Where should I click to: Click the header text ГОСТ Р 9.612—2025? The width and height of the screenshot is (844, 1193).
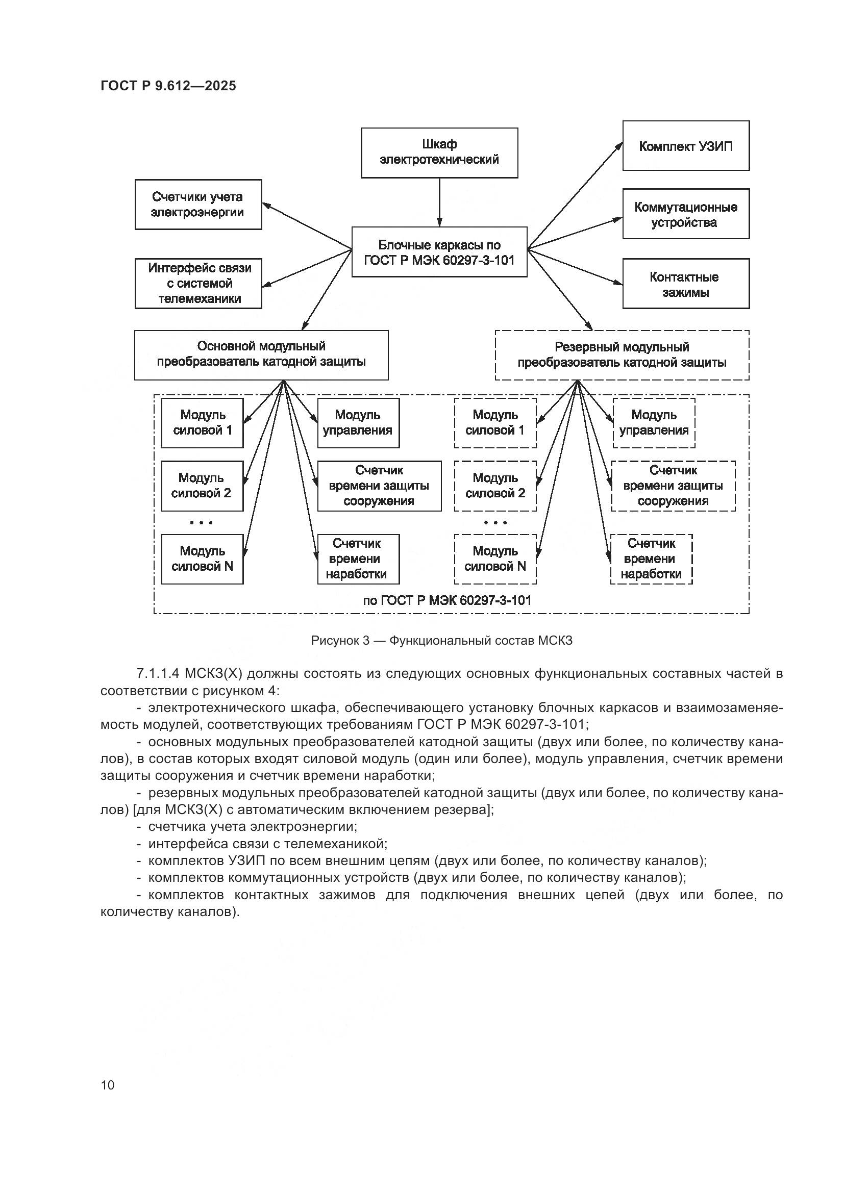[x=168, y=86]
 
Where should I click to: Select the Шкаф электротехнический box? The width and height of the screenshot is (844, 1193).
[x=439, y=152]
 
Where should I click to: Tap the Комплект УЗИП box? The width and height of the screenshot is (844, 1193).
[x=685, y=146]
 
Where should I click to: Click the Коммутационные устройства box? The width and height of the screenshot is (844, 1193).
[x=685, y=214]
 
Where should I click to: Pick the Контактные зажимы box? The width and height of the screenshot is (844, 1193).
[x=685, y=284]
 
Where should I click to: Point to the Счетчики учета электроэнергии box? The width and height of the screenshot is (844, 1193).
[x=198, y=204]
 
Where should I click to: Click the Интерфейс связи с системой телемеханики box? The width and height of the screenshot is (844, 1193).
[x=198, y=283]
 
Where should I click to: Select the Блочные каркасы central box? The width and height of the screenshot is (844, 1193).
[x=439, y=252]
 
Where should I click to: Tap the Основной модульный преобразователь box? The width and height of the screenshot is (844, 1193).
[x=261, y=354]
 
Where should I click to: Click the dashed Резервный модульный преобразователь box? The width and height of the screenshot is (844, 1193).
[x=622, y=355]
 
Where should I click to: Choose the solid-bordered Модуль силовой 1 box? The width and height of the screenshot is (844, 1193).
[x=202, y=422]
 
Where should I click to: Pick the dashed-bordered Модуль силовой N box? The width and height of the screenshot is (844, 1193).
[x=495, y=559]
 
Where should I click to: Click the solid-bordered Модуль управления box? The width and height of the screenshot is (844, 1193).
[x=358, y=422]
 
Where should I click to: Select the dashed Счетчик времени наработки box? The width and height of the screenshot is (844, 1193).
[x=651, y=559]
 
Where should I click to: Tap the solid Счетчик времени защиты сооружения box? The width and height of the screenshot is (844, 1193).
[x=379, y=486]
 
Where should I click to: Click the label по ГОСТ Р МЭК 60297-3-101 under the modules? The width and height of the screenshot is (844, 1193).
[x=447, y=601]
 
